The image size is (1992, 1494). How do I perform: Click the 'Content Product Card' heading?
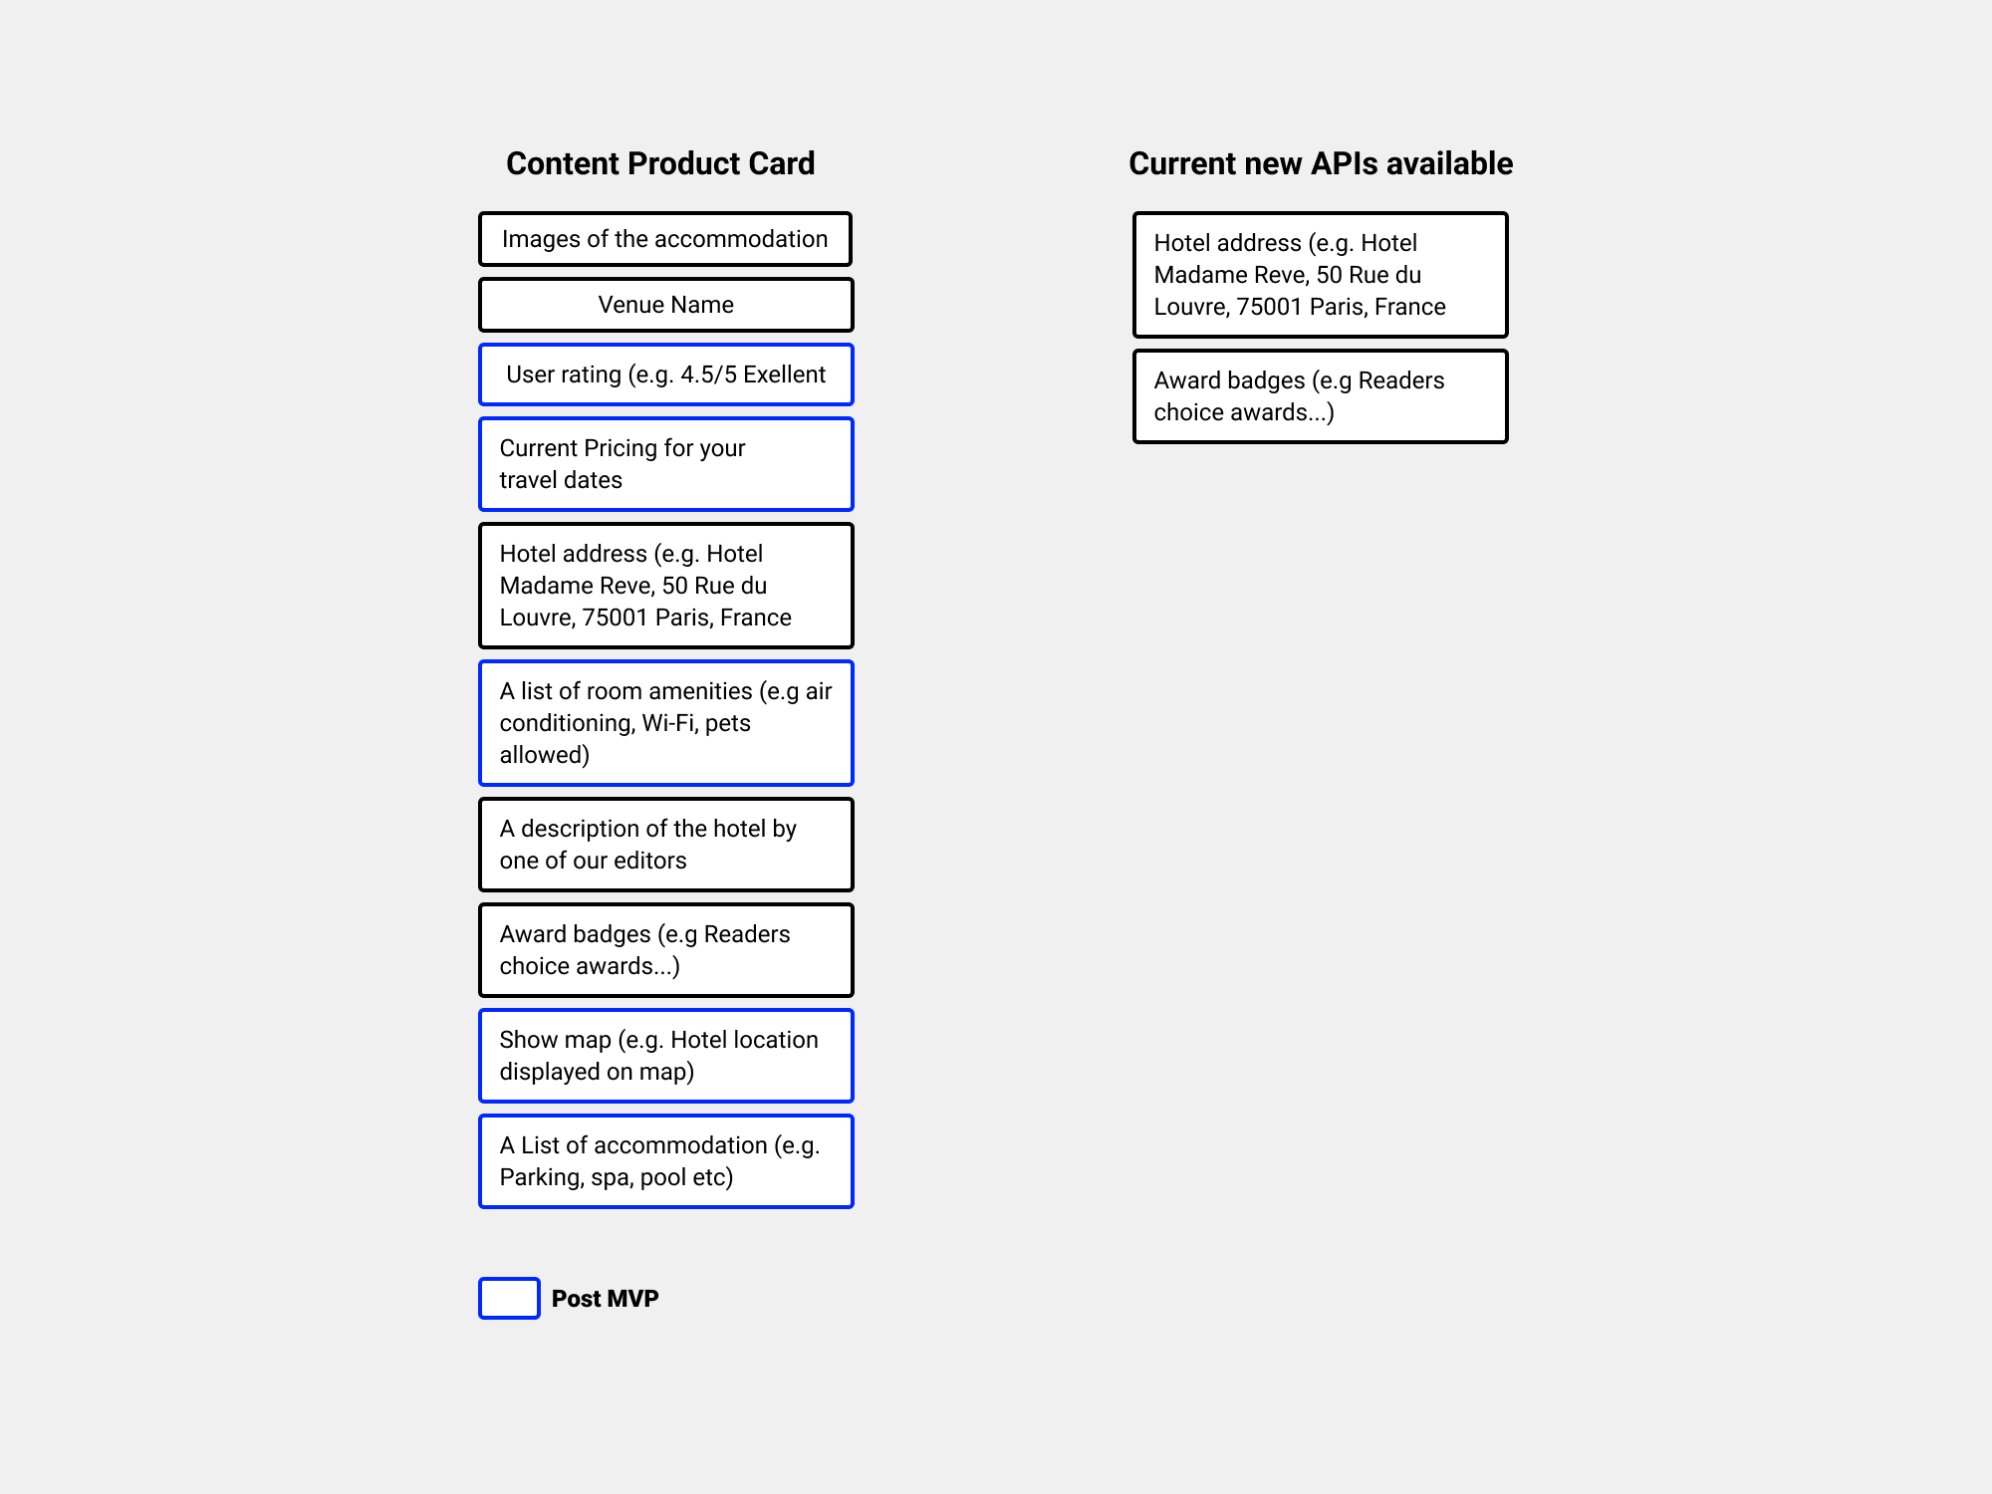(x=660, y=163)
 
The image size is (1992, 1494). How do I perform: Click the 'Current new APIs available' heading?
(x=1320, y=163)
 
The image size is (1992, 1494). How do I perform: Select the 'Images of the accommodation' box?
(x=665, y=239)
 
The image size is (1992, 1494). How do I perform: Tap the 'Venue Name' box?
(x=665, y=305)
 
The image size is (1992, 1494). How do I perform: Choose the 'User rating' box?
(x=665, y=374)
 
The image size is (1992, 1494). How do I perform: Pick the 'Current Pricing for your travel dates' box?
(x=665, y=464)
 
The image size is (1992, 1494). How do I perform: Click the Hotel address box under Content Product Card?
(x=665, y=586)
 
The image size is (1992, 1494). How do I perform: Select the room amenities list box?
(x=665, y=723)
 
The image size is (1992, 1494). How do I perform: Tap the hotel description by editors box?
(x=665, y=845)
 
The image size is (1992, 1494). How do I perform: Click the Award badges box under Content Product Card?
(x=665, y=950)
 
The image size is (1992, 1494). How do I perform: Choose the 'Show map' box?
(x=665, y=1056)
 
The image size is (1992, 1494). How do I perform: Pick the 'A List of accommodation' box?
(x=665, y=1161)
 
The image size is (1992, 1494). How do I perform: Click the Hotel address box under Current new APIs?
(x=1320, y=275)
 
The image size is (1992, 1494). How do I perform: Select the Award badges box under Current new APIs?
(x=1320, y=396)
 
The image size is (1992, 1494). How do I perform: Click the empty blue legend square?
(x=509, y=1299)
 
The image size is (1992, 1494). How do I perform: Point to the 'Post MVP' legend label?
(x=605, y=1299)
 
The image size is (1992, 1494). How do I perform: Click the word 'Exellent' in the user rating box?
(x=784, y=374)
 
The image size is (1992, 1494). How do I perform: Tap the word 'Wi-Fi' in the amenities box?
(x=669, y=723)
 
